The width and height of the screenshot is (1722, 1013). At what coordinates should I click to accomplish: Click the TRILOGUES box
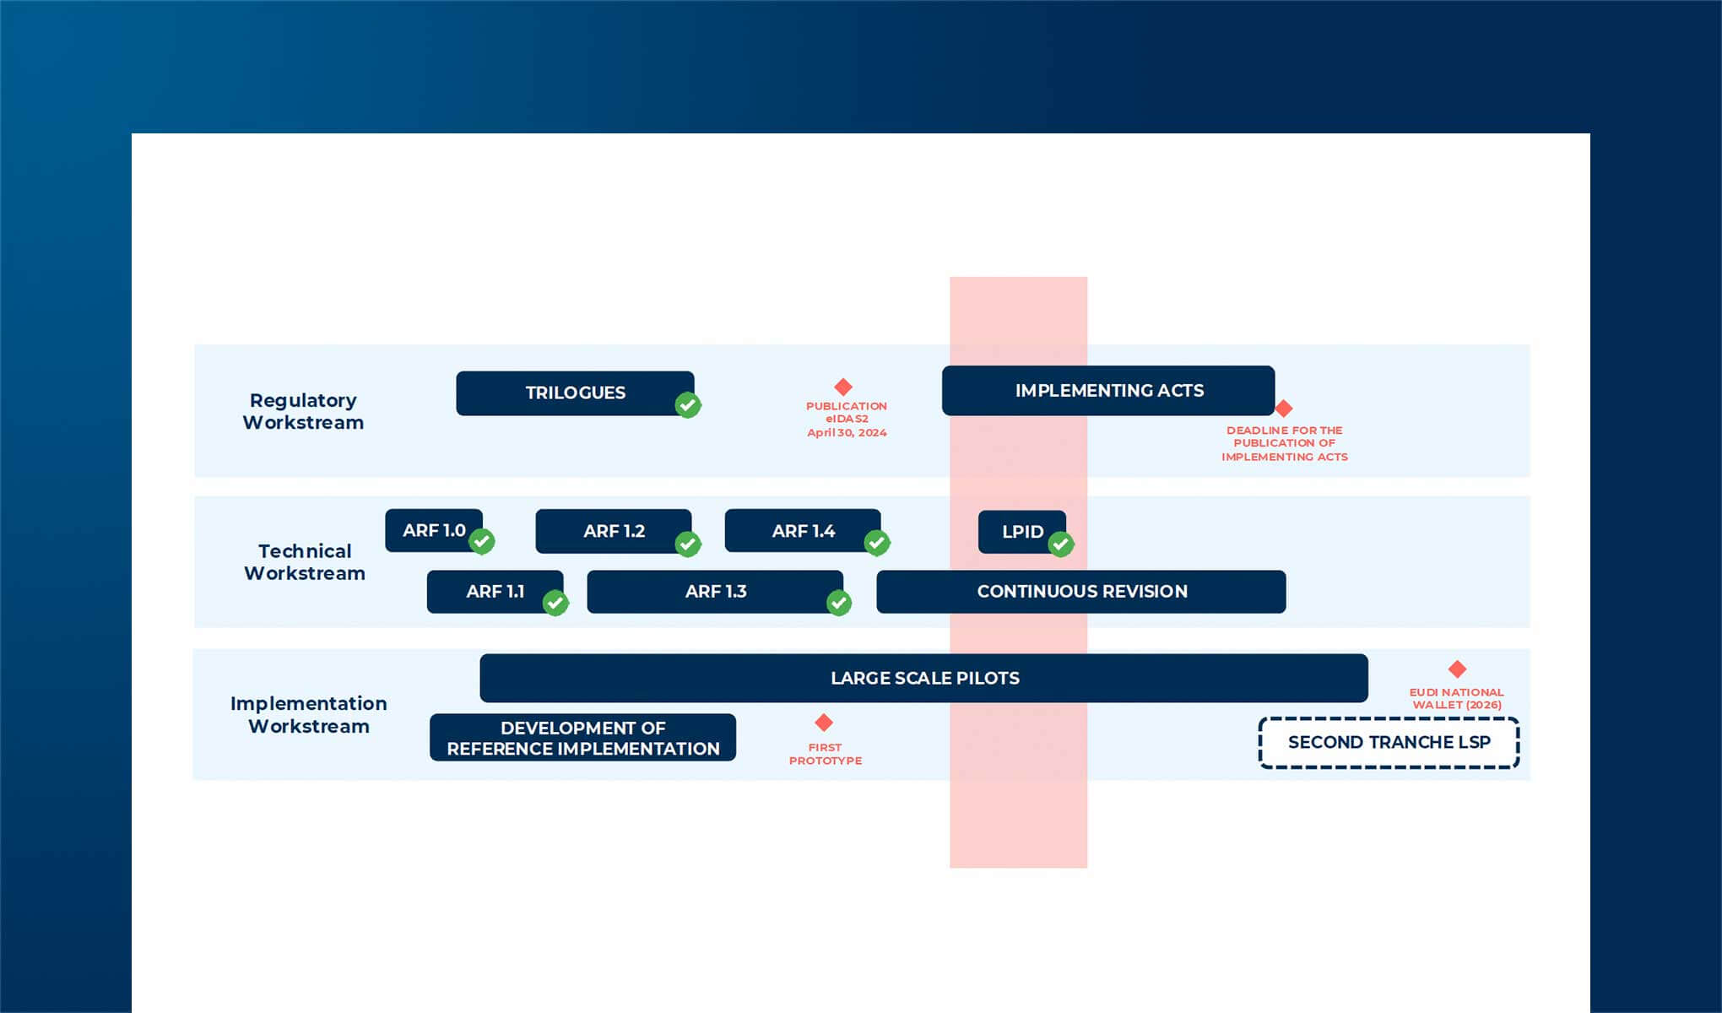pyautogui.click(x=574, y=393)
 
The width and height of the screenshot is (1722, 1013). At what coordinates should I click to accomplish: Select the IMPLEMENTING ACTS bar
pyautogui.click(x=1107, y=390)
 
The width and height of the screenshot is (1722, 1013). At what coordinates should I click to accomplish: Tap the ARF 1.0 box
pyautogui.click(x=433, y=530)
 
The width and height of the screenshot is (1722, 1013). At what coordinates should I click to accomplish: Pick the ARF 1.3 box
pyautogui.click(x=714, y=591)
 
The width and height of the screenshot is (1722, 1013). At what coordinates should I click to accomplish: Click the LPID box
pyautogui.click(x=1021, y=532)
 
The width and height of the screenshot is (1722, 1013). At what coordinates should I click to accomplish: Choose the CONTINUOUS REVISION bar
pyautogui.click(x=1080, y=591)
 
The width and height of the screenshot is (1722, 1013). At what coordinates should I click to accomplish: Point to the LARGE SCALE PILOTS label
pyautogui.click(x=924, y=678)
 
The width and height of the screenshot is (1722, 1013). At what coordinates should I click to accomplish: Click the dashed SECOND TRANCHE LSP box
pyautogui.click(x=1389, y=742)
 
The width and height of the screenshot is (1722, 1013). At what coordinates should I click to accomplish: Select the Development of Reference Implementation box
pyautogui.click(x=582, y=738)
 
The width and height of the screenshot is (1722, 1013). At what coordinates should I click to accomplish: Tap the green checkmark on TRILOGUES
pyautogui.click(x=688, y=405)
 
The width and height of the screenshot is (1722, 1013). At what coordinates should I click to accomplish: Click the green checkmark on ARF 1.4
pyautogui.click(x=877, y=543)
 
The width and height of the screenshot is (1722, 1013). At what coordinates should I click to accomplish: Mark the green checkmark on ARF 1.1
pyautogui.click(x=555, y=603)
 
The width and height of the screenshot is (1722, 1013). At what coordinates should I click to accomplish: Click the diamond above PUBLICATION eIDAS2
pyautogui.click(x=843, y=387)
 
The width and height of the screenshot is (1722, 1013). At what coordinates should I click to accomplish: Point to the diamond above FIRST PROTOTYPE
pyautogui.click(x=824, y=723)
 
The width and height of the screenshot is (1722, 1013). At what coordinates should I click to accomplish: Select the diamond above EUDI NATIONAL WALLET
pyautogui.click(x=1457, y=669)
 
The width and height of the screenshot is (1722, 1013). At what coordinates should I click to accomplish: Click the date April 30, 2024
pyautogui.click(x=847, y=432)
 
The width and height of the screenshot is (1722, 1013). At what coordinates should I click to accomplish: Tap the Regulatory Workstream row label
pyautogui.click(x=303, y=411)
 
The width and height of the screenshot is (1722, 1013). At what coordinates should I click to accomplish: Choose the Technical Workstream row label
pyautogui.click(x=305, y=561)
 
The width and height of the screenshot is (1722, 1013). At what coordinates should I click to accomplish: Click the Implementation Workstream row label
pyautogui.click(x=308, y=714)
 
